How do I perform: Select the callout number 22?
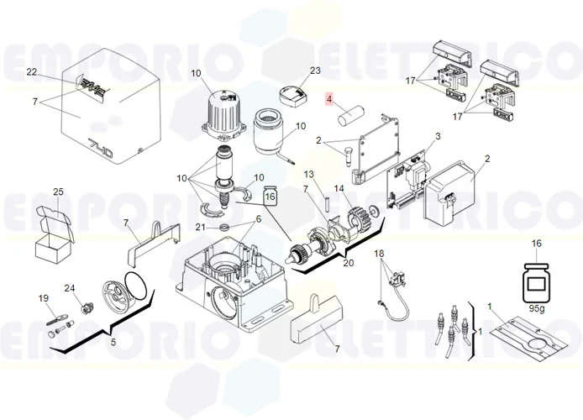(x=32, y=73)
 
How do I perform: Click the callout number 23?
(x=292, y=71)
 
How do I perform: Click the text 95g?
(x=535, y=307)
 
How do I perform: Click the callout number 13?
(x=308, y=174)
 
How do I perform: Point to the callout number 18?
(x=379, y=254)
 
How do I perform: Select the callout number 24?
(x=71, y=288)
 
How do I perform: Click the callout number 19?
(x=43, y=299)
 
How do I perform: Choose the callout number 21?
(x=200, y=228)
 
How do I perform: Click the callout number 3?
(x=437, y=136)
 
